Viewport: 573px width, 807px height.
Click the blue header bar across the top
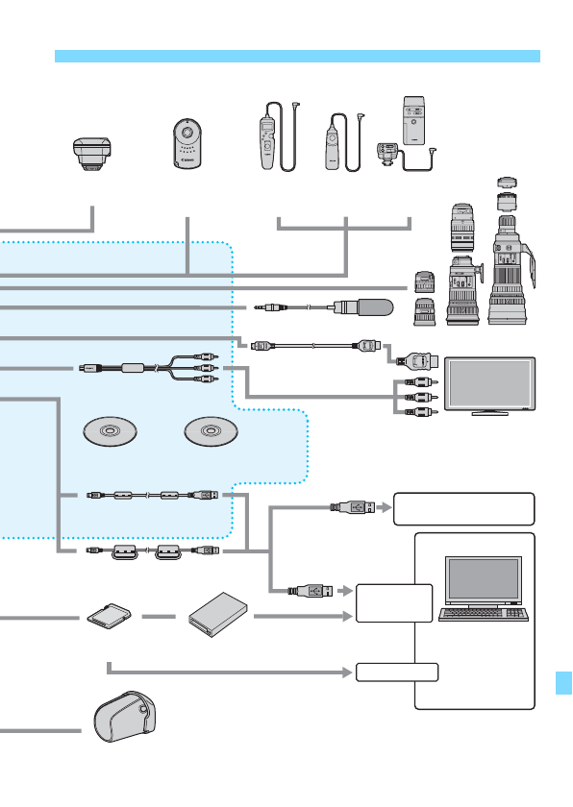[297, 57]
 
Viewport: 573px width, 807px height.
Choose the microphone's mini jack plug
[271, 308]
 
